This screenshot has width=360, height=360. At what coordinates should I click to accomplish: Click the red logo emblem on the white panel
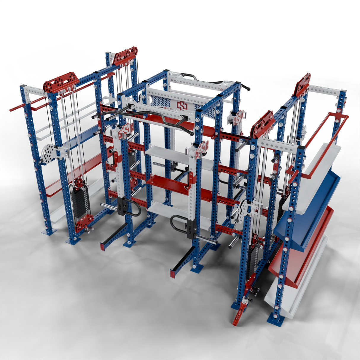click(x=181, y=105)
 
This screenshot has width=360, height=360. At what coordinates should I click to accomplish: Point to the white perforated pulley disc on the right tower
click(x=243, y=208)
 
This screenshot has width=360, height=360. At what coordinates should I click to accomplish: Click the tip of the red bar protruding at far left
click(x=11, y=110)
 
